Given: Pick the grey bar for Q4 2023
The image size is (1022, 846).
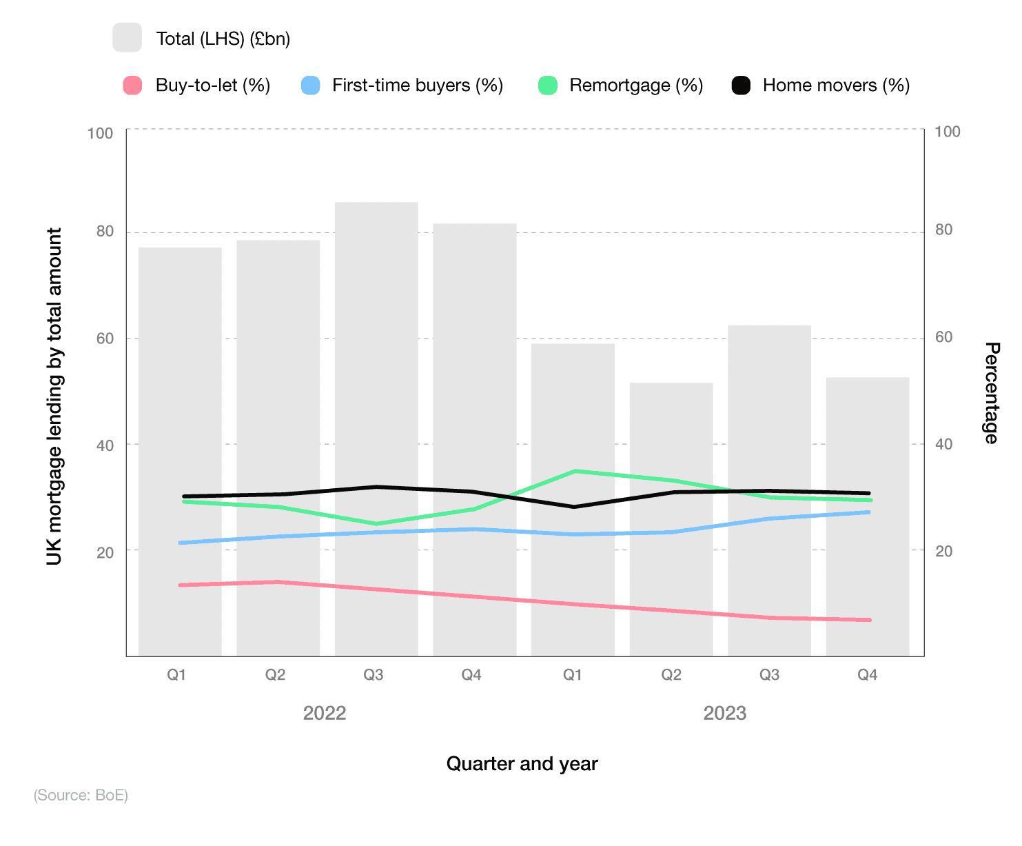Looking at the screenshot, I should click(x=867, y=516).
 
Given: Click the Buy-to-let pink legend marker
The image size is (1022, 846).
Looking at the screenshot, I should click(x=132, y=85).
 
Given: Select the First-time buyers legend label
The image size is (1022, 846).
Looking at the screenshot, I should click(x=417, y=85).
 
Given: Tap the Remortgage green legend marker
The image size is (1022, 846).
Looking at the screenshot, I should click(x=548, y=85).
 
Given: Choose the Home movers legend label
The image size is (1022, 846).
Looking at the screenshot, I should click(x=836, y=85).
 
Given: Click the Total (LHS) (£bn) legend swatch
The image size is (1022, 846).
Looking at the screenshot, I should click(x=127, y=38).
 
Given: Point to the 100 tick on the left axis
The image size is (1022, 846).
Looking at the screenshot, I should click(x=101, y=133).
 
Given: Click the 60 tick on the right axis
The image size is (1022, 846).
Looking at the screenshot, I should click(x=943, y=337).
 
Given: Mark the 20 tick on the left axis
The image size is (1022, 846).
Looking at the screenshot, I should click(x=105, y=552).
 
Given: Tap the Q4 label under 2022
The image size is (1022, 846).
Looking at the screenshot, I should click(x=471, y=675).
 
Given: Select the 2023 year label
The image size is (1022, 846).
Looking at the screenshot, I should click(x=724, y=713).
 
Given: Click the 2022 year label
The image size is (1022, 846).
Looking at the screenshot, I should click(x=325, y=713).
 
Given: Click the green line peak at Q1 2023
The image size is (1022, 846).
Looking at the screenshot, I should click(x=575, y=471).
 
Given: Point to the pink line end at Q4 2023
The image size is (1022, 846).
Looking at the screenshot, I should click(x=870, y=620).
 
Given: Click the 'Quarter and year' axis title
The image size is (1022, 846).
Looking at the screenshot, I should click(x=522, y=764).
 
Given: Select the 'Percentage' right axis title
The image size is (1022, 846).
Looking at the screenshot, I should click(x=990, y=393).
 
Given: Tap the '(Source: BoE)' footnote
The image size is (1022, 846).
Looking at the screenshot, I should click(x=81, y=795).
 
